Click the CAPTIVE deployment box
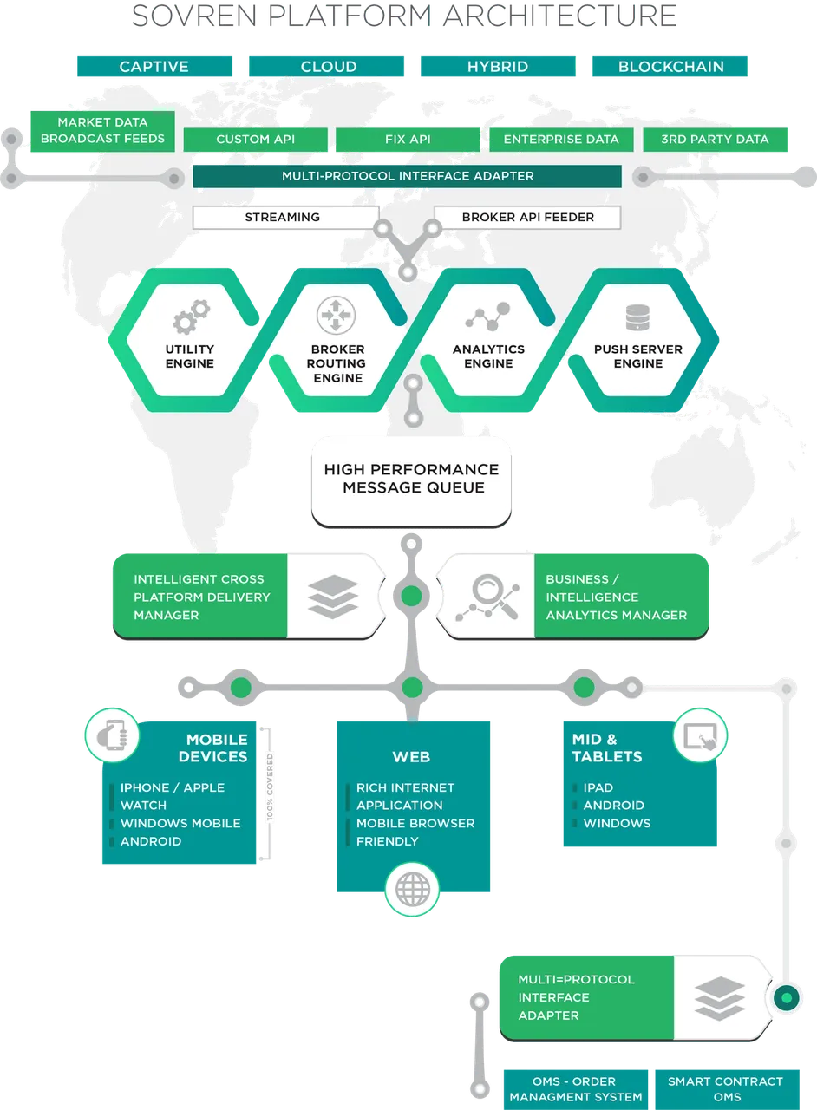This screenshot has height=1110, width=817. tap(154, 67)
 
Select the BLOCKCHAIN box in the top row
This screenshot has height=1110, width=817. tap(670, 67)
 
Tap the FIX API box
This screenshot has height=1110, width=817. tap(408, 140)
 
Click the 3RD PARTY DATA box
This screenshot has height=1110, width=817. tap(715, 140)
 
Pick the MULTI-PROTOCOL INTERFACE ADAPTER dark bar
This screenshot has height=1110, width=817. tap(407, 176)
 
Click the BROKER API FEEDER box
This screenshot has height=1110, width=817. tap(527, 217)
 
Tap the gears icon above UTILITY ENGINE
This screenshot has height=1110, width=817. tap(191, 317)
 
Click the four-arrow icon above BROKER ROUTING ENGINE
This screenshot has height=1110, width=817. tap(336, 315)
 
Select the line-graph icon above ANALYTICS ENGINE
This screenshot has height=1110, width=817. tap(487, 317)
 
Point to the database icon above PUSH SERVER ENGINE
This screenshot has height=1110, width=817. tap(637, 317)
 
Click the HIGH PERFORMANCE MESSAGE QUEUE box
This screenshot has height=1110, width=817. tap(411, 481)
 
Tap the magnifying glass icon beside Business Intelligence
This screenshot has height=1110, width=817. tap(487, 597)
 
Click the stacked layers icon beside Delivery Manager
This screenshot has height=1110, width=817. tap(333, 596)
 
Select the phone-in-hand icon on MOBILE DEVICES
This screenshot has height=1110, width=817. tap(112, 735)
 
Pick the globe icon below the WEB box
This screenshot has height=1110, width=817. tap(412, 889)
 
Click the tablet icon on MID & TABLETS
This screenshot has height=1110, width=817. tap(700, 735)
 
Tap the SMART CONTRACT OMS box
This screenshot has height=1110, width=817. tap(727, 1089)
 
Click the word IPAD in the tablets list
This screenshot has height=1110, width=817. tap(598, 787)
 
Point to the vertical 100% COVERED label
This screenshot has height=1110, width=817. tap(270, 787)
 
